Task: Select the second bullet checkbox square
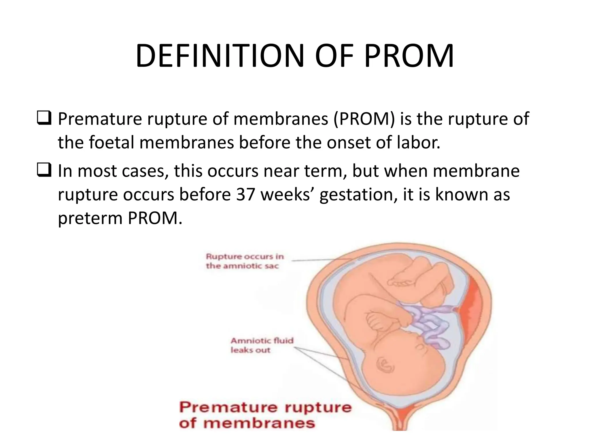click(x=44, y=171)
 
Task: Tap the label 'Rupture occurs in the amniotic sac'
click(x=245, y=261)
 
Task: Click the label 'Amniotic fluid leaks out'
click(x=262, y=345)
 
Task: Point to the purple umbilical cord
click(x=426, y=323)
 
